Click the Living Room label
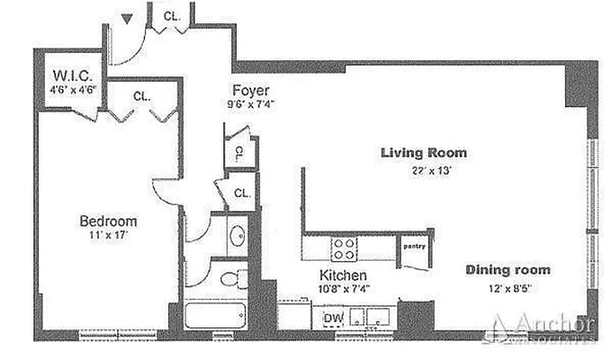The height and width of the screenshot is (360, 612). point(423,153)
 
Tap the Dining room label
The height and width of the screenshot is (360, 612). point(508,270)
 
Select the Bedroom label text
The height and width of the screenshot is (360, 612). point(108,221)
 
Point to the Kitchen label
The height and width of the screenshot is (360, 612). point(342,274)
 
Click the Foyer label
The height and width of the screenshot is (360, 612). point(251,90)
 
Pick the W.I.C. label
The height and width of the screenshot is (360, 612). point(70,76)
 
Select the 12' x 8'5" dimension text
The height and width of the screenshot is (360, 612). point(508,289)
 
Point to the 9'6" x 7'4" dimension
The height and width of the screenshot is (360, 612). point(251,104)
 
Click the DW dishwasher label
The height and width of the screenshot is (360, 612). point(332,317)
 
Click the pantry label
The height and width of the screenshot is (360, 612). point(414,245)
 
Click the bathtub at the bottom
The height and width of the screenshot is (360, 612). point(217,316)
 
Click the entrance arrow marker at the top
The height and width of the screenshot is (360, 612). point(128,17)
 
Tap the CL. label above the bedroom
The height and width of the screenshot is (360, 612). point(140,95)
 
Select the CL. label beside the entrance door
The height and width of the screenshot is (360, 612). point(170,15)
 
